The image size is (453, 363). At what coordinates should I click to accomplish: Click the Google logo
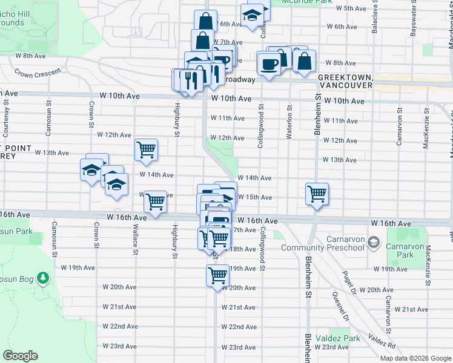(20, 356)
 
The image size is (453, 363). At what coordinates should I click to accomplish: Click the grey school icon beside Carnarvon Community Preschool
(374, 243)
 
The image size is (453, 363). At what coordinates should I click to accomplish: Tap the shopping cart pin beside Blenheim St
(317, 194)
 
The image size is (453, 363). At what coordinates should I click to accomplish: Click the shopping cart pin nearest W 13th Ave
(146, 149)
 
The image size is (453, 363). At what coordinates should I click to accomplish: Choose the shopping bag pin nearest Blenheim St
(304, 60)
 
